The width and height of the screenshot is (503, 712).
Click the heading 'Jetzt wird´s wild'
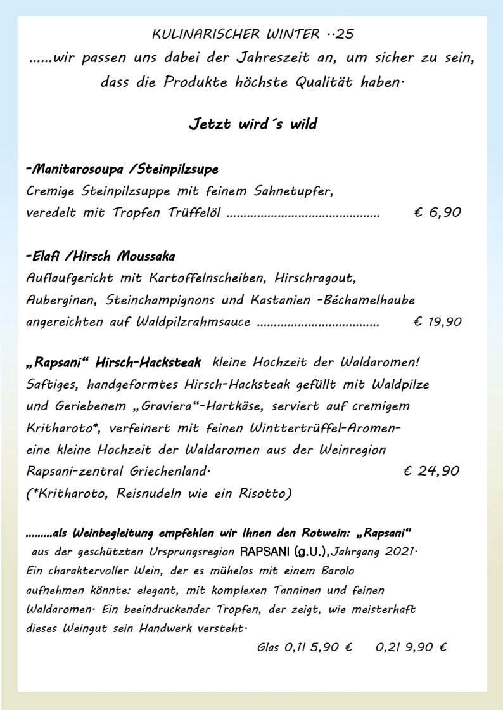tap(253, 124)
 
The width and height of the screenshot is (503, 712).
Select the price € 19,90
tap(438, 321)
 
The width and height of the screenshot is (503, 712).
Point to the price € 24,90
tap(431, 470)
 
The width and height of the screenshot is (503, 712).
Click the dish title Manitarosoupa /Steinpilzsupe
tap(123, 169)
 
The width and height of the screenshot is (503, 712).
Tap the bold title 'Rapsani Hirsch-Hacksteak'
tap(114, 363)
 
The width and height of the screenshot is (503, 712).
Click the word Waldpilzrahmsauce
tap(194, 321)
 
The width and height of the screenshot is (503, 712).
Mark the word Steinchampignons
tap(160, 299)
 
